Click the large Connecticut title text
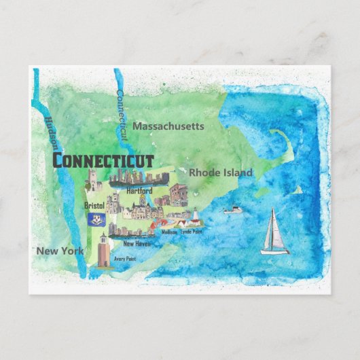pyautogui.click(x=103, y=160)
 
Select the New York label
pyautogui.click(x=60, y=251)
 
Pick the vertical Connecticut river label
pyautogui.click(x=122, y=115)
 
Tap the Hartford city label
pyautogui.click(x=139, y=192)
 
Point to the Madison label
pyautogui.click(x=169, y=232)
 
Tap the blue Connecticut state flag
pyautogui.click(x=94, y=218)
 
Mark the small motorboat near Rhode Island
pyautogui.click(x=233, y=209)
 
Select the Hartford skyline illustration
pyautogui.click(x=139, y=178)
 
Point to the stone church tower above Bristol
pyautogui.click(x=91, y=181)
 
